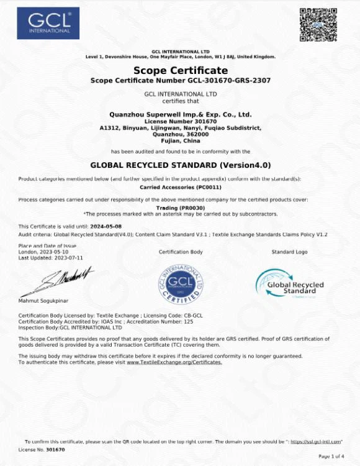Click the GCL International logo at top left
(x=48, y=23)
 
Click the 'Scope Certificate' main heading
(x=181, y=70)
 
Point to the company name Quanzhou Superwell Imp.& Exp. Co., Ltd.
(x=180, y=114)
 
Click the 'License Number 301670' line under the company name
(x=180, y=121)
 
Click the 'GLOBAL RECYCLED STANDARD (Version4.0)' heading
(x=181, y=165)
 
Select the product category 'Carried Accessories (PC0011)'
(x=181, y=186)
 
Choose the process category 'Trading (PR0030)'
(x=180, y=208)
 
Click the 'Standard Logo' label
(x=289, y=252)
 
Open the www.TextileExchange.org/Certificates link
(x=174, y=362)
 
